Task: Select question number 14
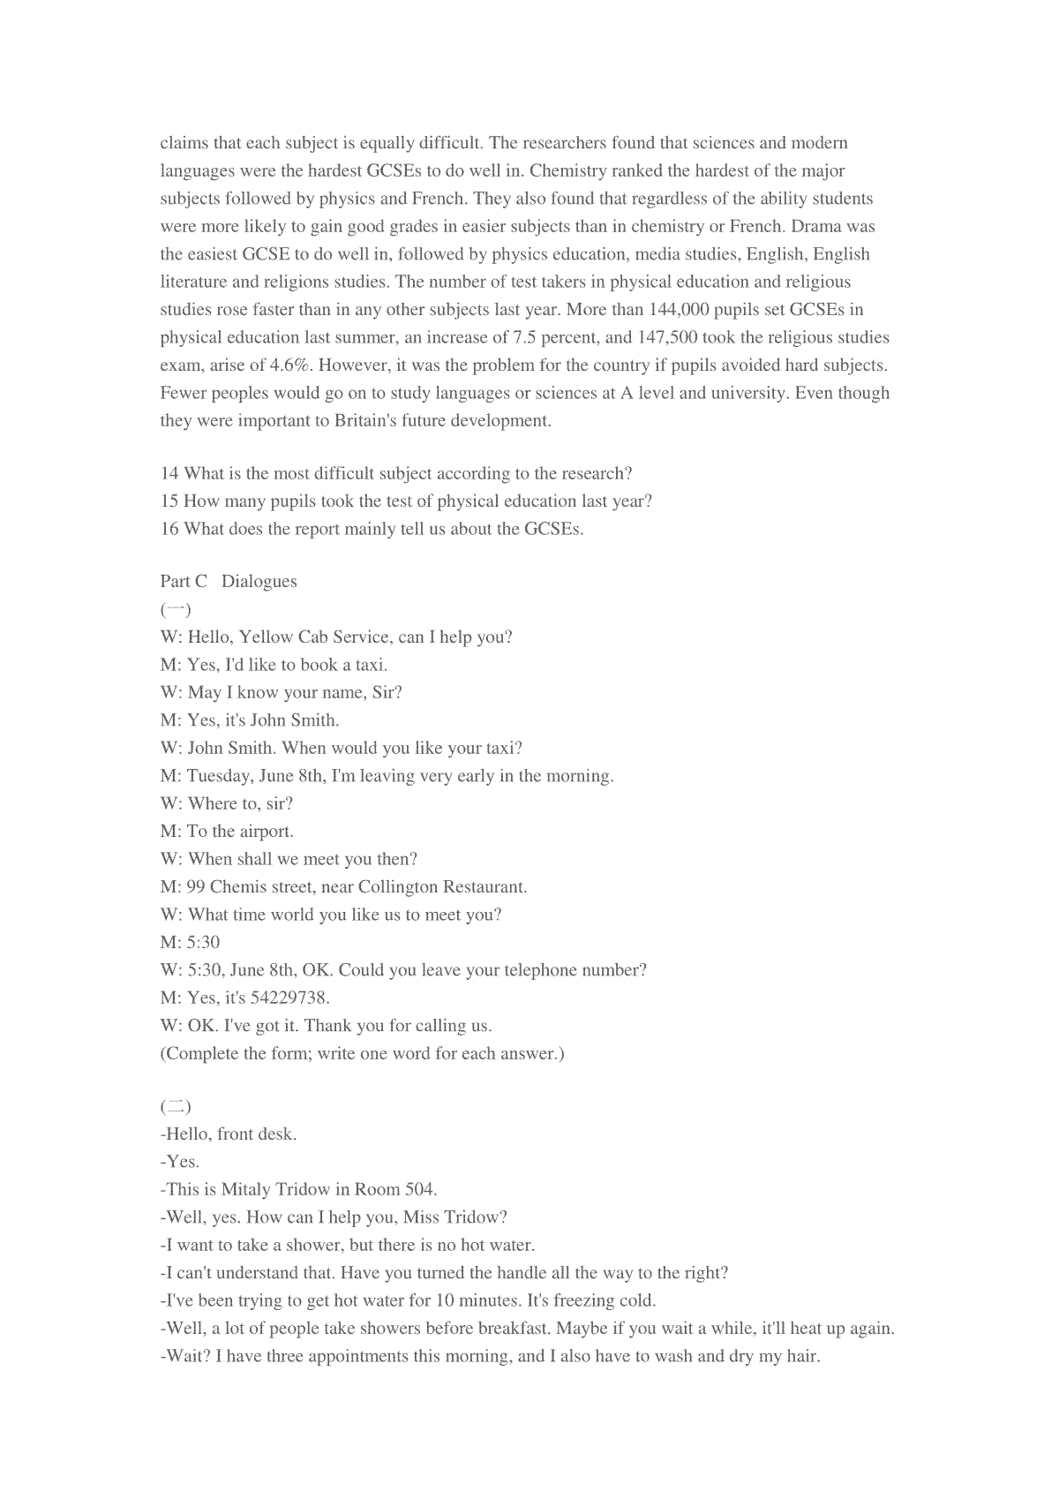pyautogui.click(x=169, y=473)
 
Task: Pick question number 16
pyautogui.click(x=169, y=529)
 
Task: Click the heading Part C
pyautogui.click(x=184, y=581)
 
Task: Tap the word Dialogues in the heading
pyautogui.click(x=259, y=581)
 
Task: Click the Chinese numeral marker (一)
pyautogui.click(x=176, y=609)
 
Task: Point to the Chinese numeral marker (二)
pyautogui.click(x=176, y=1106)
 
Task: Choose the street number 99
pyautogui.click(x=196, y=886)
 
